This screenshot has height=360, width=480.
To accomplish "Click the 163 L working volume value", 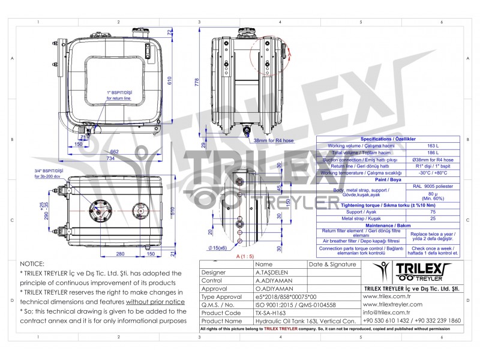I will coord(433,146).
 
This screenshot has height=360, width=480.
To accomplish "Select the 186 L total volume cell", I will coord(433,152).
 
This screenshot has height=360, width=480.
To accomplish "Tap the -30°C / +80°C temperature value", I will coord(433,172).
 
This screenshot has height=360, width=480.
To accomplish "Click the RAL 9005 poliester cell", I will coord(433,186).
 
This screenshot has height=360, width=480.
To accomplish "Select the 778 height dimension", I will coord(196,82).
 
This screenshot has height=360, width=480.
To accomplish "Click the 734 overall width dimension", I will coord(110,158).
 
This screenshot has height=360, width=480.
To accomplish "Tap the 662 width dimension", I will coord(114,151).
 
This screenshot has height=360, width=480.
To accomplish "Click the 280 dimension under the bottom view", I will coord(120,253).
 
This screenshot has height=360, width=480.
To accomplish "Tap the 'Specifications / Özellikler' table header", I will coord(388,139).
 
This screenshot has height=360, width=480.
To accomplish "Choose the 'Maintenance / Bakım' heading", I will coord(388,224).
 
